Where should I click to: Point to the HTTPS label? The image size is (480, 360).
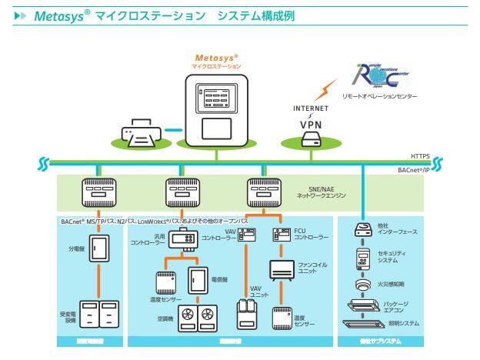[419, 154]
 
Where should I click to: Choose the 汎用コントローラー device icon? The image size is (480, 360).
[182, 242]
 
